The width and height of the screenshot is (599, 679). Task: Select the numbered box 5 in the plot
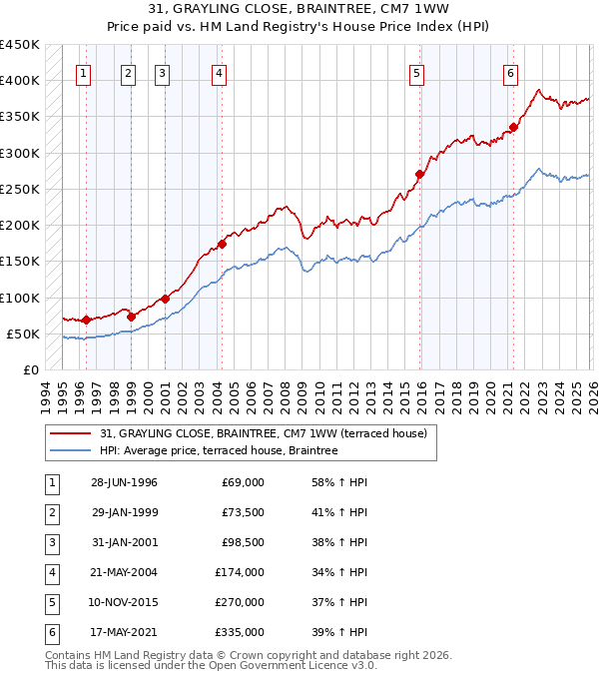[416, 72]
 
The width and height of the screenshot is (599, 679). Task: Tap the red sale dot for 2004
[223, 244]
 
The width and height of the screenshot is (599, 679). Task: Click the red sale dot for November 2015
[420, 174]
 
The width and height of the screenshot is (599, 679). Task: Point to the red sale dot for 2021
[514, 127]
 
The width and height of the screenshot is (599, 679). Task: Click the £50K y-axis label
[24, 334]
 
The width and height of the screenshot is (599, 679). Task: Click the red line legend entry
[264, 433]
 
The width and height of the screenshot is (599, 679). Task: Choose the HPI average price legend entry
[219, 451]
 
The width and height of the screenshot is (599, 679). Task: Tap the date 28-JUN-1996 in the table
[124, 482]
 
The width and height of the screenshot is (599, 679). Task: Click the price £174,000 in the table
[240, 572]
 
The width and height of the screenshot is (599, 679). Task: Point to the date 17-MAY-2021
[124, 632]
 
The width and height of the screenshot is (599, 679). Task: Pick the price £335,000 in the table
[240, 632]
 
